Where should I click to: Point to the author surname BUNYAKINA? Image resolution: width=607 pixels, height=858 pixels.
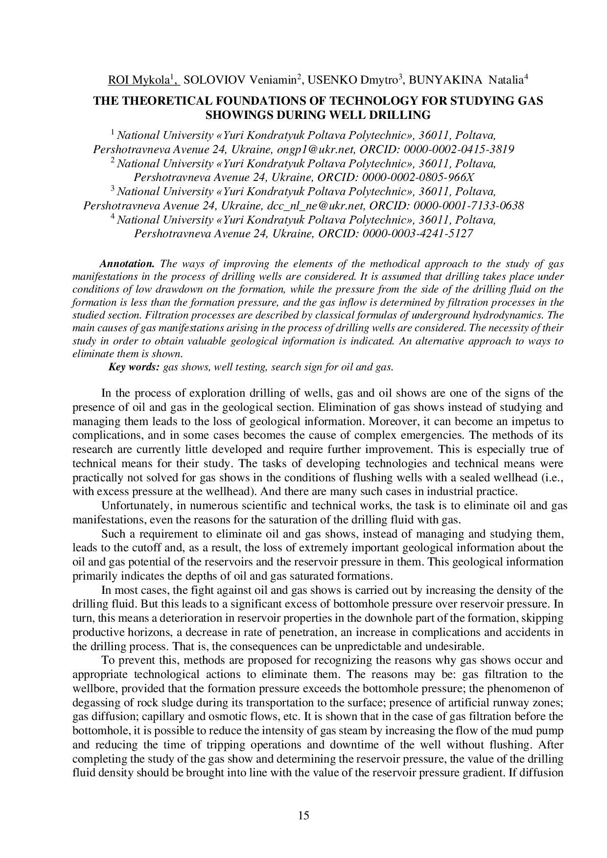click(438, 80)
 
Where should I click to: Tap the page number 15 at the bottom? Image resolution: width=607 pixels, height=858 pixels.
click(303, 815)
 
